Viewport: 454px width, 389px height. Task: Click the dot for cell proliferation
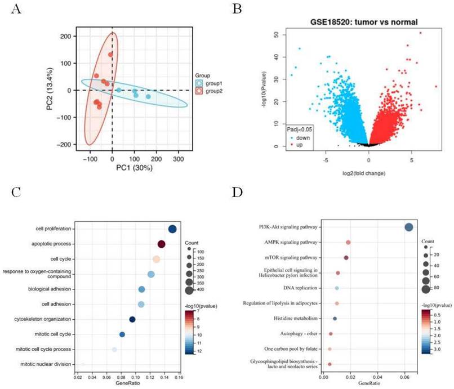pyautogui.click(x=172, y=229)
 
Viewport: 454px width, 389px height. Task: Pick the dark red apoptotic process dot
pyautogui.click(x=161, y=244)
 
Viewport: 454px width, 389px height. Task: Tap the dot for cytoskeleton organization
pyautogui.click(x=132, y=319)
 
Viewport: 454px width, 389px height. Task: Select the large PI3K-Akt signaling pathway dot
pyautogui.click(x=409, y=227)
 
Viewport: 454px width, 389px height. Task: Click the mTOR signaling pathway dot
pyautogui.click(x=346, y=257)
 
